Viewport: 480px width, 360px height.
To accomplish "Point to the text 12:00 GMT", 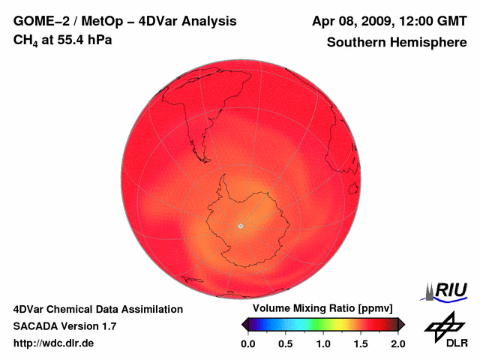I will [430, 21].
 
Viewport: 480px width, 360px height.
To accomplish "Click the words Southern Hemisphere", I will [396, 43].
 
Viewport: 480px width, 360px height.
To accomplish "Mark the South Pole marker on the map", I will [240, 225].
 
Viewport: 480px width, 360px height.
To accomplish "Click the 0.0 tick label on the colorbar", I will [248, 343].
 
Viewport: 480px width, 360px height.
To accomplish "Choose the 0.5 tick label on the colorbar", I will [286, 343].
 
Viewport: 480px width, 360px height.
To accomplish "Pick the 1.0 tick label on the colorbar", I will [323, 343].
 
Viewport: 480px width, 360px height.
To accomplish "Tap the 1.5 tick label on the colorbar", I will [361, 343].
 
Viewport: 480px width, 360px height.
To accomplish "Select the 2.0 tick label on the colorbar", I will [397, 343].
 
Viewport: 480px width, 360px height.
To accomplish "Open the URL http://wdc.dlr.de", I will [54, 343].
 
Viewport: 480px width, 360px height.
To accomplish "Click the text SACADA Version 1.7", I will [64, 326].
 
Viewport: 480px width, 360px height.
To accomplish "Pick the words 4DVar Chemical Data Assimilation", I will [97, 309].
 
